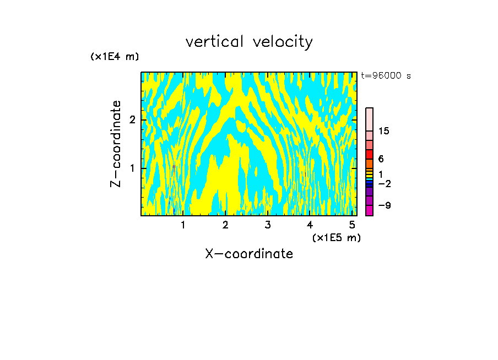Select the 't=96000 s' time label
[x=386, y=76]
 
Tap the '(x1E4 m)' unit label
[x=115, y=56]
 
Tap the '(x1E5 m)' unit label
[x=336, y=237]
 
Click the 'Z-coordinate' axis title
[x=116, y=144]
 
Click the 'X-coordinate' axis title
[x=249, y=254]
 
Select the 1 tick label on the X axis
[x=183, y=225]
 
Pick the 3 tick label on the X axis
[x=268, y=225]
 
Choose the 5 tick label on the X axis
[x=352, y=225]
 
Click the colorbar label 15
[x=384, y=131]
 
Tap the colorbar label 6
[x=381, y=159]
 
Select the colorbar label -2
[x=384, y=183]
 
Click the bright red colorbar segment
[x=369, y=154]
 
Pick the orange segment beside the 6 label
[x=369, y=163]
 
